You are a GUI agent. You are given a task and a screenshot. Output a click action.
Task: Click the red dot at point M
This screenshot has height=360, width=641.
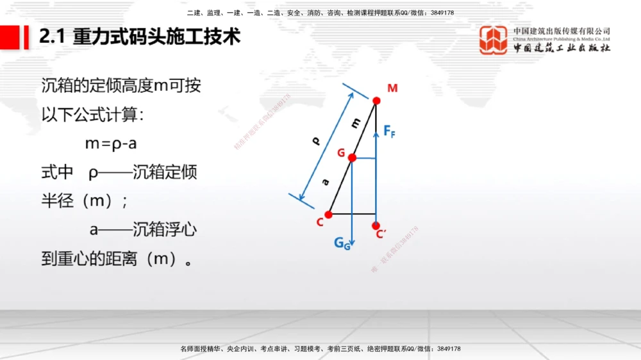(x=376, y=100)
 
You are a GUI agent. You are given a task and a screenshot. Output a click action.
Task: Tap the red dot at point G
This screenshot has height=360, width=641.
(x=352, y=158)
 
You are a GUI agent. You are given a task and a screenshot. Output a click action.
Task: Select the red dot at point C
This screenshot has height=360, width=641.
(x=328, y=215)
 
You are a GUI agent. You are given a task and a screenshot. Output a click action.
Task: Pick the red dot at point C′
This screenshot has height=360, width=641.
(x=376, y=226)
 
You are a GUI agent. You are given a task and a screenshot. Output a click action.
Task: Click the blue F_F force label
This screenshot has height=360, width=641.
(x=389, y=131)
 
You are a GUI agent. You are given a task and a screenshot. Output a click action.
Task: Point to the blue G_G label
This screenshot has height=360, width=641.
(x=342, y=243)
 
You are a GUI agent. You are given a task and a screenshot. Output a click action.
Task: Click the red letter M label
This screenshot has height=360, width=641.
(x=392, y=88)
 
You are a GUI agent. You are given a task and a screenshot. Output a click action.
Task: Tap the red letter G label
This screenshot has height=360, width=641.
(x=341, y=152)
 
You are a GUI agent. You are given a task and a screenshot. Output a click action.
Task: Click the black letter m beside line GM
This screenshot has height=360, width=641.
(x=356, y=121)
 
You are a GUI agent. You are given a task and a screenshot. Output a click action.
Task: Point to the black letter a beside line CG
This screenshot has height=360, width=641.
(x=326, y=183)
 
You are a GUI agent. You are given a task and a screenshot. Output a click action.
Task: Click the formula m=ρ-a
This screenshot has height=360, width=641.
(x=111, y=143)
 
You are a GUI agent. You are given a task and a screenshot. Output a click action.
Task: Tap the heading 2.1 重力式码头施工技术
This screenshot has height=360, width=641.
(x=140, y=37)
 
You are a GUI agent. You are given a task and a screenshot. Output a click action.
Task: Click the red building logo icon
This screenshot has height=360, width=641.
(x=494, y=40)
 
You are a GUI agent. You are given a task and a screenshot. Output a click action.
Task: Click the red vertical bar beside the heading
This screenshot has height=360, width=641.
(x=27, y=37)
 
